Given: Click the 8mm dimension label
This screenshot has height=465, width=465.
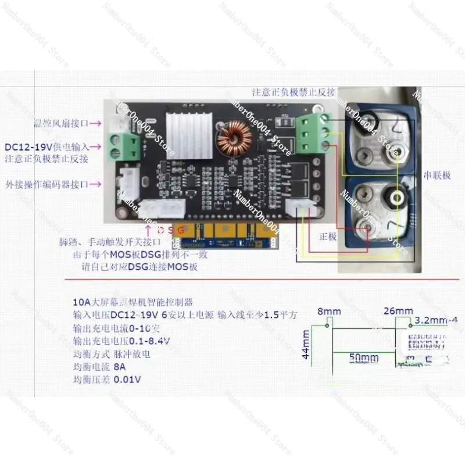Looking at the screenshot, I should pyautogui.click(x=332, y=312).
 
